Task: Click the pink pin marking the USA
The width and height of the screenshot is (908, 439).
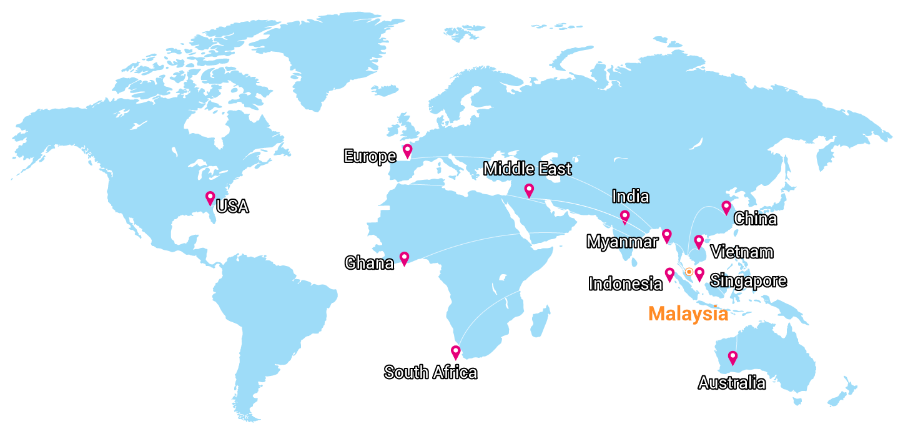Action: (210, 197)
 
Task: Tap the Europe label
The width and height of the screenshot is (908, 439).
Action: (370, 156)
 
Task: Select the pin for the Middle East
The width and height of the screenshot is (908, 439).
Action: (529, 190)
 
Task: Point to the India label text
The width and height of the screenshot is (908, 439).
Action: (630, 197)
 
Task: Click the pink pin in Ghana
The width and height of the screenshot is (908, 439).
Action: (404, 257)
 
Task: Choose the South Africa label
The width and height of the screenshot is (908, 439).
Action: (430, 373)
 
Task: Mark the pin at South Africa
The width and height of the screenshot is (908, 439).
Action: (456, 352)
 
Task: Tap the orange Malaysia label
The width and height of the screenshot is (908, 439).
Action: (688, 313)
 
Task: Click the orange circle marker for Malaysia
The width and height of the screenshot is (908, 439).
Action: (688, 272)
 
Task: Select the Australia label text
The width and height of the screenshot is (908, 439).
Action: (731, 383)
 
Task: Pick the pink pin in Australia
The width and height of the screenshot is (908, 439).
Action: (733, 357)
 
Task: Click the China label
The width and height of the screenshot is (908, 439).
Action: (755, 219)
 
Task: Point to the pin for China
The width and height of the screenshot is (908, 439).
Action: (726, 207)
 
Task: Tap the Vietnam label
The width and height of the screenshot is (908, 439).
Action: (742, 252)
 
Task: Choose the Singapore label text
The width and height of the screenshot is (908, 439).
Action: (748, 281)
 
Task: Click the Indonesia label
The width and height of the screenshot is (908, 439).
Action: (624, 284)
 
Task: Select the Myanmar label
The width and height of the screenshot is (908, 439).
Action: (622, 242)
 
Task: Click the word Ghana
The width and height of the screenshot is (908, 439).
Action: (369, 264)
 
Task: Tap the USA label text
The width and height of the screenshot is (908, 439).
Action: (232, 207)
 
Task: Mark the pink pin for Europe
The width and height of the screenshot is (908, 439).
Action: (408, 150)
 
